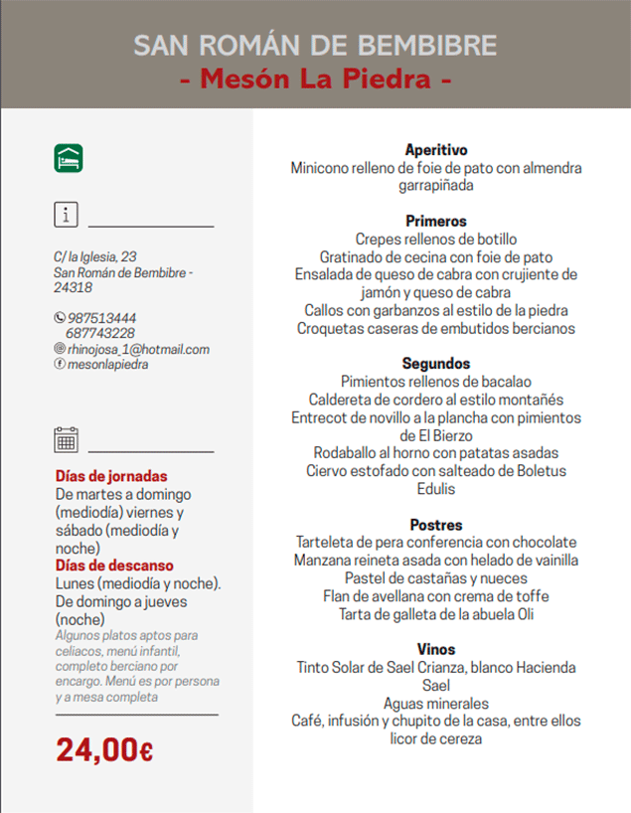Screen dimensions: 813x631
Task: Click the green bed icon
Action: [69, 157]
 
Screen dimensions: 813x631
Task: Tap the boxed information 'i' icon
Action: [66, 215]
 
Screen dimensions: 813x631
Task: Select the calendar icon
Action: [67, 439]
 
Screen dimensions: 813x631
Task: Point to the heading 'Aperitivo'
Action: [436, 150]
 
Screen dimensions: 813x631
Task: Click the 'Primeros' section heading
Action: [436, 221]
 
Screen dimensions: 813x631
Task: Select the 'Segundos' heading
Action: [436, 364]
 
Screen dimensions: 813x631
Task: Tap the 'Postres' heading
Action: [436, 524]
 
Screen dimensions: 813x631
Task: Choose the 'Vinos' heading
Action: [436, 649]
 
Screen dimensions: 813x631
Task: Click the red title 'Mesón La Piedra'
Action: [315, 79]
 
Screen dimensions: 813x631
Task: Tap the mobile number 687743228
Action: [100, 334]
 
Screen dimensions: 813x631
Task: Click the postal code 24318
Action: [74, 287]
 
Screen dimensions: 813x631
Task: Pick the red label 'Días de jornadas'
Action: [111, 476]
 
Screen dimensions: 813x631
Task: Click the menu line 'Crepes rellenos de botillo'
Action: [436, 240]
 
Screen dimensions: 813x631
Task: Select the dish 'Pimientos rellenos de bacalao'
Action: [436, 382]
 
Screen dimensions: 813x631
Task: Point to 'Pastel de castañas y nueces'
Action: [436, 577]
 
